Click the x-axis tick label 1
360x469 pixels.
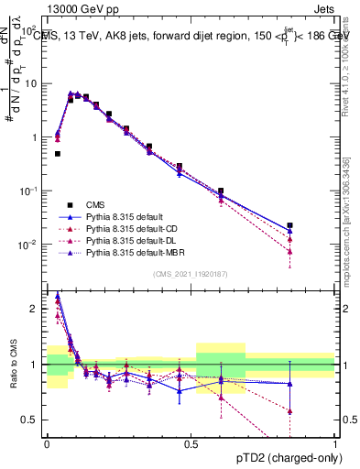[x=335, y=443]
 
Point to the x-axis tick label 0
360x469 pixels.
[x=46, y=443]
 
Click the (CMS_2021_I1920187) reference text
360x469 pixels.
[x=190, y=274]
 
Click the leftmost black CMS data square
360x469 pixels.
[x=58, y=154]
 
